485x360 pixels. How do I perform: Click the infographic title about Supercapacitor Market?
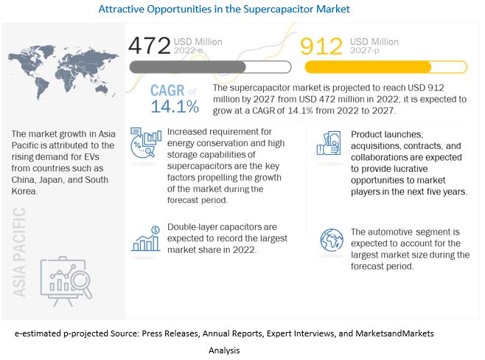pos(242,10)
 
